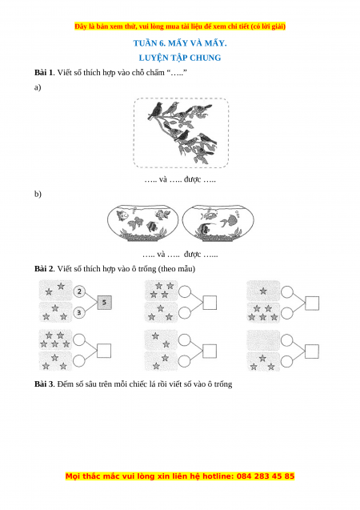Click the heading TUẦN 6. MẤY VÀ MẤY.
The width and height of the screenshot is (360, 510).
pos(180,43)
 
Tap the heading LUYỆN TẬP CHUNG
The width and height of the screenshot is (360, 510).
pos(180,58)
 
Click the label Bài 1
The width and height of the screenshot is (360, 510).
pos(43,72)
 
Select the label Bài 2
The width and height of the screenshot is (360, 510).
pos(43,269)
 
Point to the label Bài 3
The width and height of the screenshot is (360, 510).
pos(44,384)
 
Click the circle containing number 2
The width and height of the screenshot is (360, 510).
pos(79,291)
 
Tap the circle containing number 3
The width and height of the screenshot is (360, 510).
pos(79,312)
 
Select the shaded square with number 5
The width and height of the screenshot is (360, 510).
pos(104,302)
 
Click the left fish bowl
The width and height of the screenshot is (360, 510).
pos(142,223)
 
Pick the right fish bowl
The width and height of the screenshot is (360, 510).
pos(218,223)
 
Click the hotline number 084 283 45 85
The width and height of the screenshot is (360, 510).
pos(266,476)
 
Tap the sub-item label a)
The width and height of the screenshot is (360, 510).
pos(38,87)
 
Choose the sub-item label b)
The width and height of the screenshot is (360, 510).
pos(38,194)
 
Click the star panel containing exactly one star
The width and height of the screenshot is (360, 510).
pos(263,291)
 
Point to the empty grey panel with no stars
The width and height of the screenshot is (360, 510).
pos(263,340)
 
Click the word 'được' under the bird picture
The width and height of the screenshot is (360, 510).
pos(192,179)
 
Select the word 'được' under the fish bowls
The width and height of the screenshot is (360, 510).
pos(192,254)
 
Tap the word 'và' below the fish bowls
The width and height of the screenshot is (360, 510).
pos(161,254)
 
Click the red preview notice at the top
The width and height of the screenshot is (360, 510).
pos(180,26)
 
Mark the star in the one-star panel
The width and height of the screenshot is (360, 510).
pos(263,291)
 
